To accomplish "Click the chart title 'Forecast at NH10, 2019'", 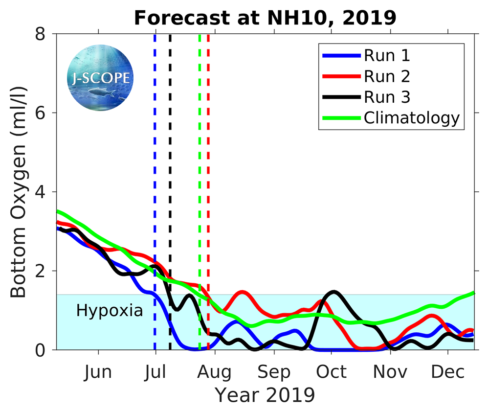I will click(x=265, y=18).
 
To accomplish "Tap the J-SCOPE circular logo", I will click(x=101, y=78).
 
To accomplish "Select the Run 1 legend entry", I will click(x=386, y=55).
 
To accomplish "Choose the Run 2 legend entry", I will click(x=386, y=76).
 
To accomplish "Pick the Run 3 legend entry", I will click(x=386, y=97).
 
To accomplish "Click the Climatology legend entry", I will click(x=411, y=118).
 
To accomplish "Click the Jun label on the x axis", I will click(x=98, y=372).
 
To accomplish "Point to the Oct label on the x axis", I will click(x=332, y=372).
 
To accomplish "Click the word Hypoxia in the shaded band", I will click(x=110, y=311).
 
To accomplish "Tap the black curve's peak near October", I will click(x=334, y=292).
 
